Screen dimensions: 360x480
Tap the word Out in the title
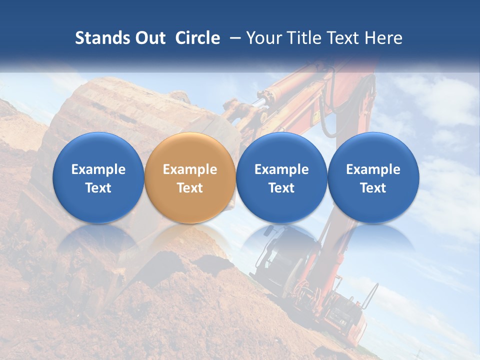[x=148, y=38]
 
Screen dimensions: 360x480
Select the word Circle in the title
[x=197, y=38]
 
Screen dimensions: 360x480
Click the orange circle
[x=190, y=178]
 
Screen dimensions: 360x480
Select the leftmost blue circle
[x=98, y=178]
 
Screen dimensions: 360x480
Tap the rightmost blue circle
[x=373, y=178]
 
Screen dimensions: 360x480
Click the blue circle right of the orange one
[x=281, y=178]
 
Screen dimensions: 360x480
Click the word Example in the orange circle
[x=190, y=169]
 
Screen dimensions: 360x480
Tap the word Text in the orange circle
[x=190, y=188]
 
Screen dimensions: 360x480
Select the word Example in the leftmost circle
[x=98, y=169]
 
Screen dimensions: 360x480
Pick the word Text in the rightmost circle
[x=373, y=188]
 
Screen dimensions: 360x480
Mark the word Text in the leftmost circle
[x=98, y=188]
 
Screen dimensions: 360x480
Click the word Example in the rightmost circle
[x=373, y=169]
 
